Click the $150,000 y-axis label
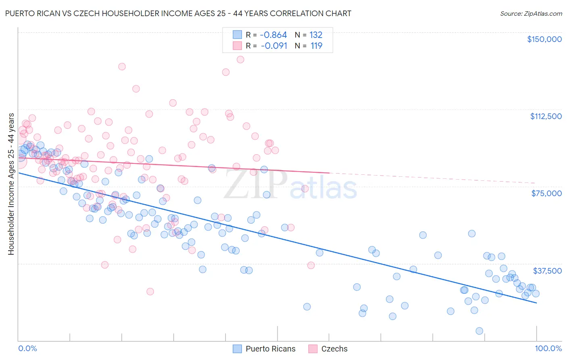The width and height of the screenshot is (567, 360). point(544,39)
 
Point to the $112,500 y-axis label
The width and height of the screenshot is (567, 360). point(546,116)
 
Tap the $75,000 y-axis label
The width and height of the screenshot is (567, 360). point(546,193)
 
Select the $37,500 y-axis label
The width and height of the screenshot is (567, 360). point(547,270)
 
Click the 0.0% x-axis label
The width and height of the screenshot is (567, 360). point(27,349)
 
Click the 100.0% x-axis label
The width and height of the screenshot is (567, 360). point(548,349)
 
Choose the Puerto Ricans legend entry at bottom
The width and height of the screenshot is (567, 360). point(265,349)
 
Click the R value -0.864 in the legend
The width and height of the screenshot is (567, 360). point(273,35)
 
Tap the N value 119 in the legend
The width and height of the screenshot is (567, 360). point(316,46)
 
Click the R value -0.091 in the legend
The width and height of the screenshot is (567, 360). point(274,46)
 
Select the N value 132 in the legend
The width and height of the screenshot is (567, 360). point(316,35)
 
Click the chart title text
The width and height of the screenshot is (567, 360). point(178,13)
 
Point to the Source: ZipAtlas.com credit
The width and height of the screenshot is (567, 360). point(531,13)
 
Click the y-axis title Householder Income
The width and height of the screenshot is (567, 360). point(11,184)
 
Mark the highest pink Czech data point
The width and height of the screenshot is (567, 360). point(240,59)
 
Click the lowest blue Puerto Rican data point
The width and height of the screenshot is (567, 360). point(479,331)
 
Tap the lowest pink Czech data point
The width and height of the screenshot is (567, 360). point(150,291)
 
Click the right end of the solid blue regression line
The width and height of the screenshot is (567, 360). point(536,303)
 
